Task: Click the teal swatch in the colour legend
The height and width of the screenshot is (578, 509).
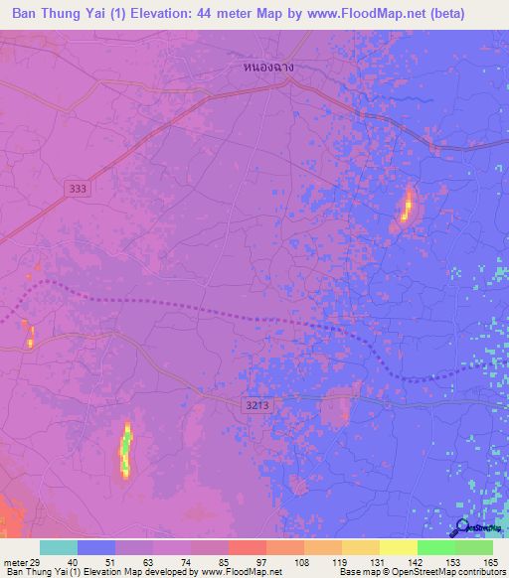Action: tap(59, 547)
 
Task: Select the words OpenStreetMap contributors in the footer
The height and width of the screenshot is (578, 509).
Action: tap(447, 572)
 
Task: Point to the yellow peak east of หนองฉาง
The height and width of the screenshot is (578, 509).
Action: tap(407, 206)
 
